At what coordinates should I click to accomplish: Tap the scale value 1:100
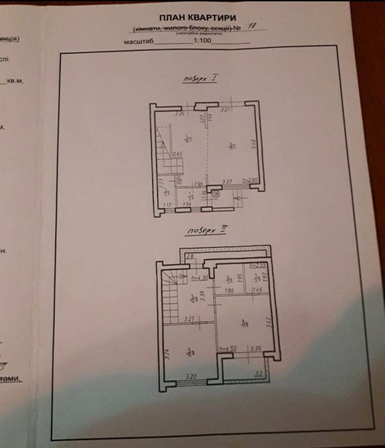tap(202, 40)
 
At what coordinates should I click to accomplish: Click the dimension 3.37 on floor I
tap(227, 181)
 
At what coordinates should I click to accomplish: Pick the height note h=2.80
tap(249, 181)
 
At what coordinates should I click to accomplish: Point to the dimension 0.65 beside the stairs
tap(177, 154)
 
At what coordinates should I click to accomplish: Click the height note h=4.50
tap(228, 348)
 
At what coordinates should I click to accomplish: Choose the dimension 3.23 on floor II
tap(190, 378)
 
